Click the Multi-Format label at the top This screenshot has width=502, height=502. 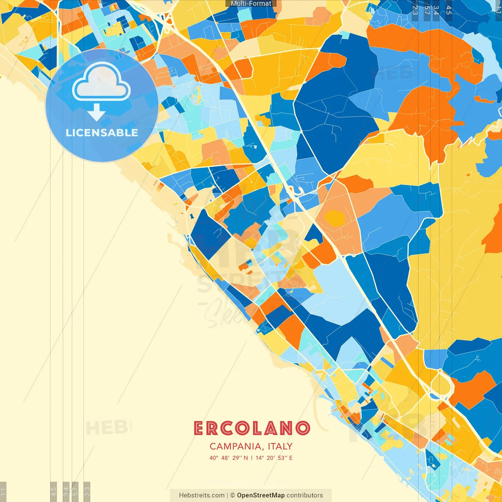pos(251,4)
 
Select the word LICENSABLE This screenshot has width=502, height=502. pos(102,133)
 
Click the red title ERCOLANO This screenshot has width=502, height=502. pos(251,429)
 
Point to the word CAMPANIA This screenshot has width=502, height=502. pos(236,446)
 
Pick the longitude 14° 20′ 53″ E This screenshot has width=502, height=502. pos(274,458)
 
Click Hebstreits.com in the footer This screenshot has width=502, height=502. pos(202,495)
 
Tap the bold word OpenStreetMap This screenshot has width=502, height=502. pos(261,495)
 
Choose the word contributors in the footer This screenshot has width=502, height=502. pos(305,495)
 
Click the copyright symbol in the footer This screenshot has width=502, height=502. pos(232,495)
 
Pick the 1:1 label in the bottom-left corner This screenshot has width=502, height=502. pos(3,491)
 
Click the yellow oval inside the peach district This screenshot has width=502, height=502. pos(335,218)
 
